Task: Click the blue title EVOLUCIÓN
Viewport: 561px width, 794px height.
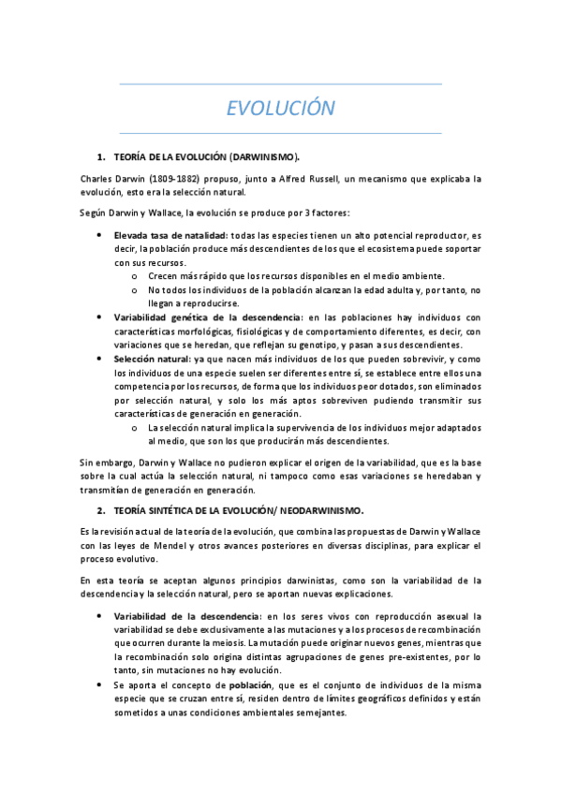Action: pos(280,109)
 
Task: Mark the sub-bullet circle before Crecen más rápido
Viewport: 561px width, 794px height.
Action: pos(135,276)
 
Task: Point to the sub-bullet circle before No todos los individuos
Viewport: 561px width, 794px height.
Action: pos(135,290)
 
